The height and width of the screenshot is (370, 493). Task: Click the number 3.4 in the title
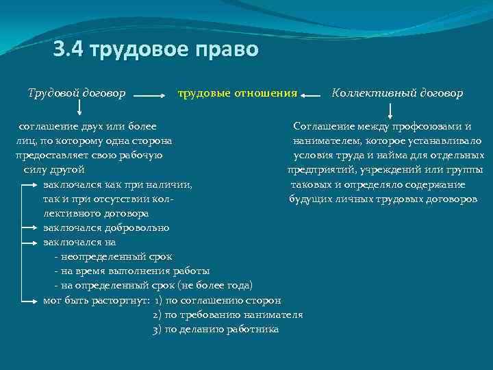(x=69, y=51)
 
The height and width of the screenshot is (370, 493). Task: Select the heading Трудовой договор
(x=76, y=92)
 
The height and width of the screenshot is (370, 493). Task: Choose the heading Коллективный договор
(x=397, y=92)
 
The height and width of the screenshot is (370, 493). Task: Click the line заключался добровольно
(x=105, y=227)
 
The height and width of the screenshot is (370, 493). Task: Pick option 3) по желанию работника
(x=216, y=329)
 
